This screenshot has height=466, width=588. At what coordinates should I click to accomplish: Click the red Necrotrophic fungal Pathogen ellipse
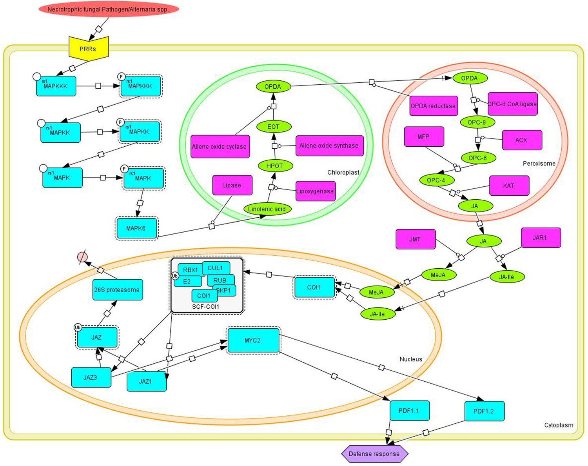pyautogui.click(x=109, y=9)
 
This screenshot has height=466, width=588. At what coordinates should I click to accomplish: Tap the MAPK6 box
pyautogui.click(x=136, y=228)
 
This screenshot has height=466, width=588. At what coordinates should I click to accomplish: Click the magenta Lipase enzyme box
pyautogui.click(x=232, y=185)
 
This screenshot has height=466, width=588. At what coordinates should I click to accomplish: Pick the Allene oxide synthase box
pyautogui.click(x=329, y=146)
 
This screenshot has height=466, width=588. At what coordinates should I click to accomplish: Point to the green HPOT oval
pyautogui.click(x=274, y=166)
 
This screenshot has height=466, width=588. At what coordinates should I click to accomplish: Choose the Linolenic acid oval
pyautogui.click(x=267, y=209)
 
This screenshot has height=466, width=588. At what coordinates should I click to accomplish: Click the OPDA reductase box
pyautogui.click(x=433, y=106)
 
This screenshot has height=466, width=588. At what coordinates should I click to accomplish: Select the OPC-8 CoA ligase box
pyautogui.click(x=512, y=104)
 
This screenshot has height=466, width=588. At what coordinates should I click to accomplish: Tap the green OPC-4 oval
pyautogui.click(x=436, y=180)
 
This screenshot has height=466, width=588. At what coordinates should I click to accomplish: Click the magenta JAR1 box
pyautogui.click(x=540, y=238)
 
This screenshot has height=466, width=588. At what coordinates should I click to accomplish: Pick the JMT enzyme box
pyautogui.click(x=415, y=239)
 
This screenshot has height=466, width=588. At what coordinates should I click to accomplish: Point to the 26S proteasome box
pyautogui.click(x=117, y=290)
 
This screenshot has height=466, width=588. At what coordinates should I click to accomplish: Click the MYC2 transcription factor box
pyautogui.click(x=253, y=340)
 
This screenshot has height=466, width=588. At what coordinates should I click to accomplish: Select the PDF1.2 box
pyautogui.click(x=484, y=411)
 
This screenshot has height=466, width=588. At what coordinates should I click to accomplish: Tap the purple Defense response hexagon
pyautogui.click(x=374, y=454)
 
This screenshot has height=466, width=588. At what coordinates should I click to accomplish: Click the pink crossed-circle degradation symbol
pyautogui.click(x=82, y=257)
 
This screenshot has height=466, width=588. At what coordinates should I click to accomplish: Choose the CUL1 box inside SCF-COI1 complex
pyautogui.click(x=216, y=268)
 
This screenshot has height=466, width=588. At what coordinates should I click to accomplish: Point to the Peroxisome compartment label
pyautogui.click(x=539, y=164)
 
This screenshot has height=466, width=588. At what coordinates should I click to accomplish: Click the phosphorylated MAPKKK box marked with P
pyautogui.click(x=140, y=86)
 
